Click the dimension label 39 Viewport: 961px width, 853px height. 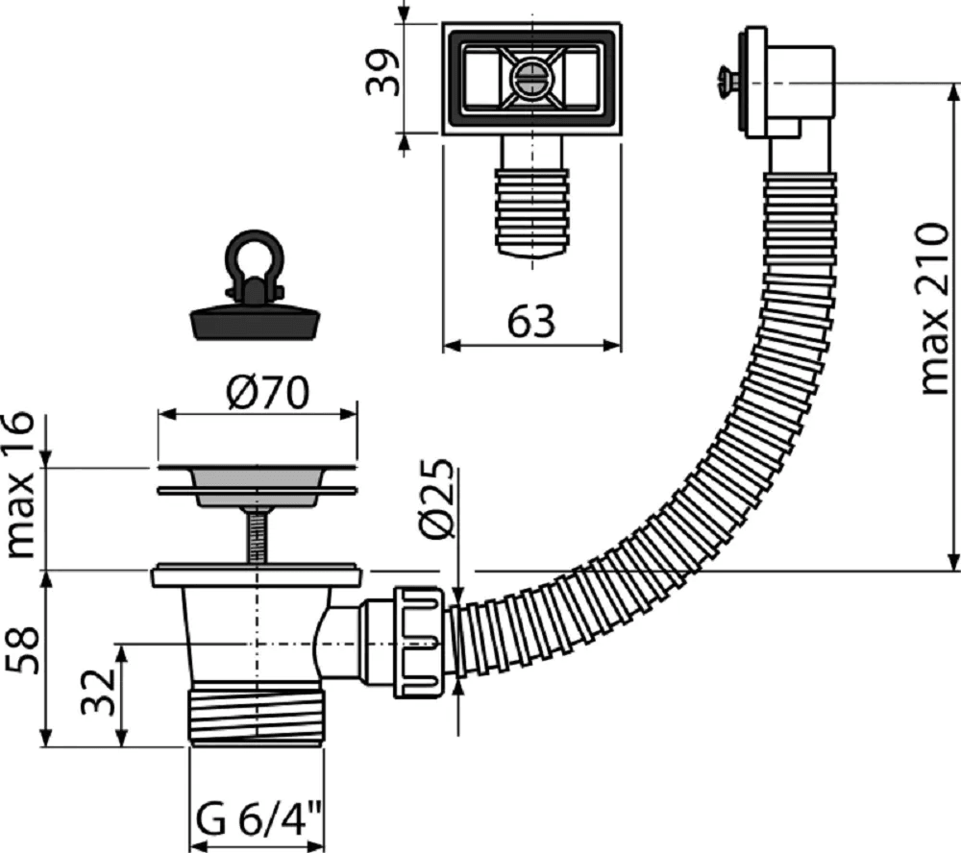[382, 72]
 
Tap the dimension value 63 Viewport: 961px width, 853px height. [530, 321]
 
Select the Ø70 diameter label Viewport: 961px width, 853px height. [267, 393]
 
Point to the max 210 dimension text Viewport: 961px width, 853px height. [935, 309]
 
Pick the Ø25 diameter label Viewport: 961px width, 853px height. [438, 498]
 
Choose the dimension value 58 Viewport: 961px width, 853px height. [23, 649]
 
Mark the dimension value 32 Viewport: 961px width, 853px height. [98, 692]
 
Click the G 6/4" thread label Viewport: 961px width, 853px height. [259, 820]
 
